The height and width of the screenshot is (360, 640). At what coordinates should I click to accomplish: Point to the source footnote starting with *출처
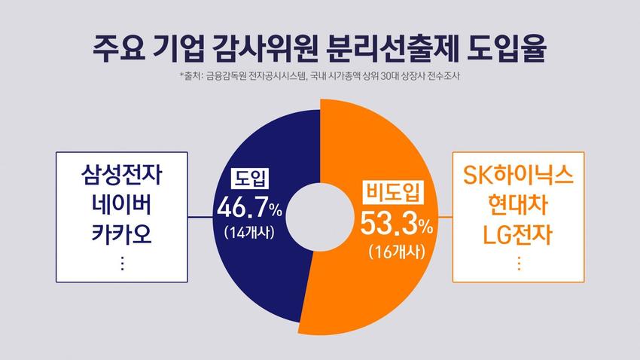320,77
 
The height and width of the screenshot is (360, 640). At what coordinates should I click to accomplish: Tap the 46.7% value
249,207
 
